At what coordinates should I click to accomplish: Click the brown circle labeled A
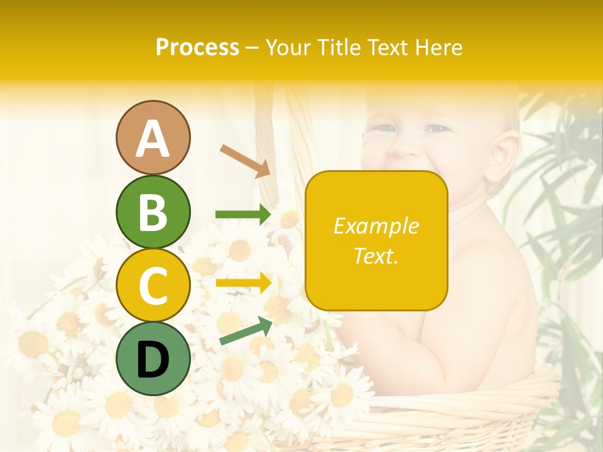(x=153, y=137)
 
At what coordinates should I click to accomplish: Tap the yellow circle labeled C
(x=153, y=285)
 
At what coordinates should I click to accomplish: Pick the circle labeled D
(x=153, y=358)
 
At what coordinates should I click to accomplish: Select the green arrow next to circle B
(x=243, y=215)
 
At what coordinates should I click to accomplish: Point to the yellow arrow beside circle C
(x=243, y=283)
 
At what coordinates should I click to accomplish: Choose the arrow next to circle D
(x=246, y=331)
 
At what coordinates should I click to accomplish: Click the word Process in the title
(x=197, y=48)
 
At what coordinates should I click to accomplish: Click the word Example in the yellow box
(x=376, y=226)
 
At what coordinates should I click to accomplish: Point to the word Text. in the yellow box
(x=376, y=256)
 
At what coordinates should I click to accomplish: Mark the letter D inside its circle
(x=153, y=360)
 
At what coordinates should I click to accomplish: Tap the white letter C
(x=153, y=286)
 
